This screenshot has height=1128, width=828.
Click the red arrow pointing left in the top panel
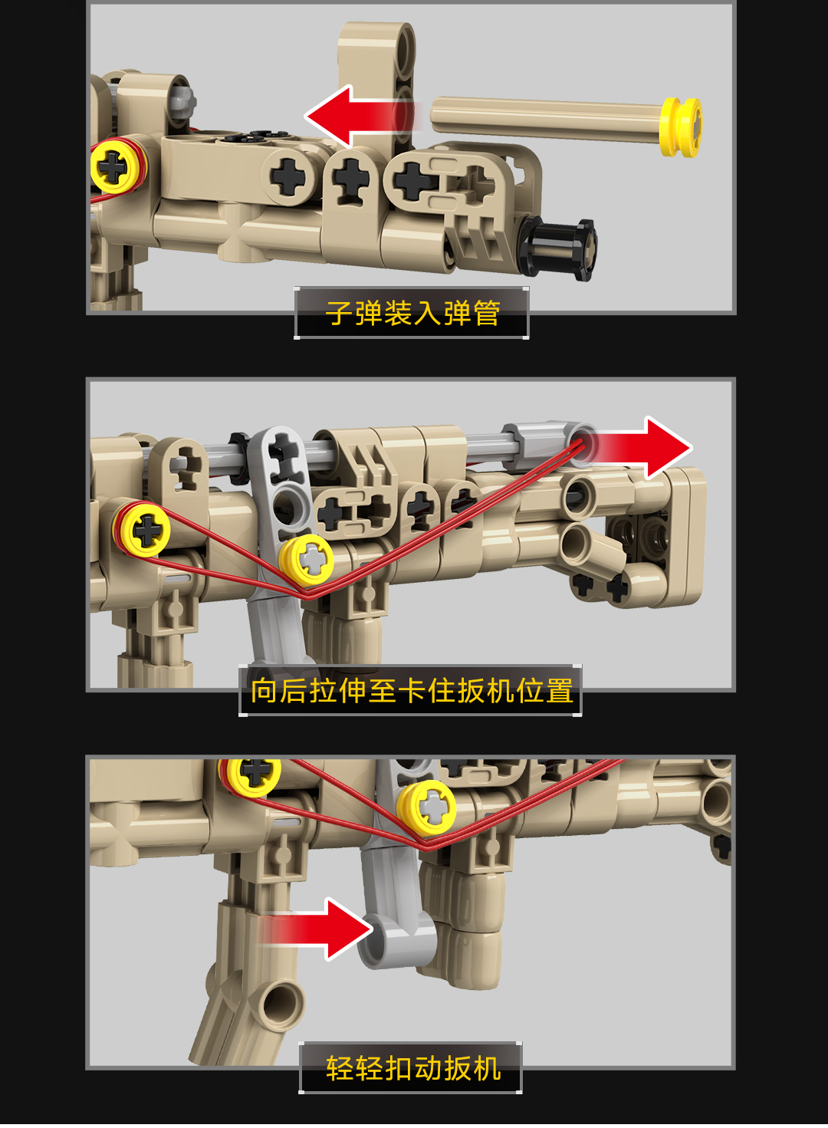(363, 117)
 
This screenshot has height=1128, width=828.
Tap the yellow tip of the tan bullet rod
(681, 127)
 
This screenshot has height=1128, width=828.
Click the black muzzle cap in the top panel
(560, 248)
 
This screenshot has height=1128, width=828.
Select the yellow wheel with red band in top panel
(118, 167)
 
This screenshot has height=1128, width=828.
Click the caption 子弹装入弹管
(412, 313)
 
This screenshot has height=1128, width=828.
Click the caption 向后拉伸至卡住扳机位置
(412, 690)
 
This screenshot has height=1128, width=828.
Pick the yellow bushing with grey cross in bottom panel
(427, 809)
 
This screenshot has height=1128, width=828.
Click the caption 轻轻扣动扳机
(412, 1069)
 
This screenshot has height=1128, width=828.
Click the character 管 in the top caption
(486, 313)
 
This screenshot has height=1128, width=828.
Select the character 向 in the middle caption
(264, 690)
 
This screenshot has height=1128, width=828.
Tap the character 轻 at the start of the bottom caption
(340, 1069)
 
